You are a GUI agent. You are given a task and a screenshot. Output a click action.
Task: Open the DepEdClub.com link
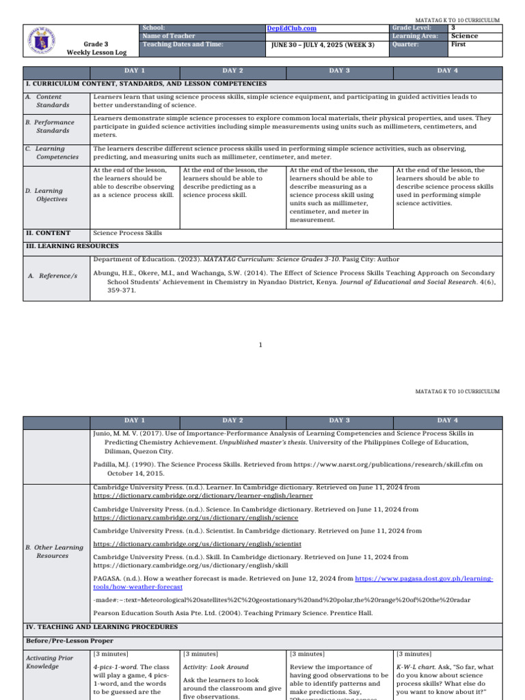[x=291, y=28]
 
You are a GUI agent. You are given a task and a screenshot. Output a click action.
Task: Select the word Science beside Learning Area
[x=464, y=36]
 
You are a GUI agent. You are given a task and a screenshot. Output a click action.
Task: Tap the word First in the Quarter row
[x=458, y=44]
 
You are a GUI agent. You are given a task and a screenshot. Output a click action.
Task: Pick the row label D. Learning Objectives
[x=52, y=195]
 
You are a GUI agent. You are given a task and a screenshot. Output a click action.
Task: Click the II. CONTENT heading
[x=48, y=233]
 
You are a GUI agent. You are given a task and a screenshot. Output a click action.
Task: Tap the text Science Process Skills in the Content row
[x=127, y=233]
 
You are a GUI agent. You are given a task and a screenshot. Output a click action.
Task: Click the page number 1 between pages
[x=261, y=345]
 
